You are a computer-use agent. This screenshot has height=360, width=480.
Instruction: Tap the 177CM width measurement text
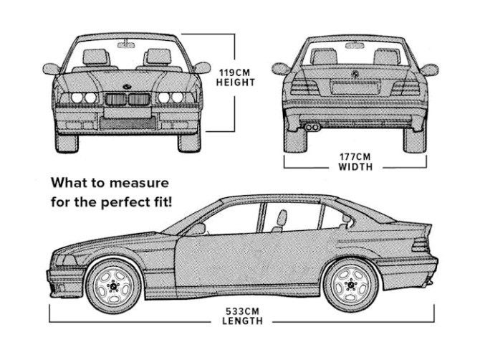click(355, 157)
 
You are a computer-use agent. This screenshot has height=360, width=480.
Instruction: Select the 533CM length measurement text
click(243, 311)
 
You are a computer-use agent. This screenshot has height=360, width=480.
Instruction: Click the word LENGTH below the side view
click(243, 321)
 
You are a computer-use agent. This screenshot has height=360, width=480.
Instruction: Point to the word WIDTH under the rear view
click(355, 167)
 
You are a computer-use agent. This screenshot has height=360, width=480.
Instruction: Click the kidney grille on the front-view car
click(128, 99)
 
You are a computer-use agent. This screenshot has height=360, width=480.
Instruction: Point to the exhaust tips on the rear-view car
click(313, 128)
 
